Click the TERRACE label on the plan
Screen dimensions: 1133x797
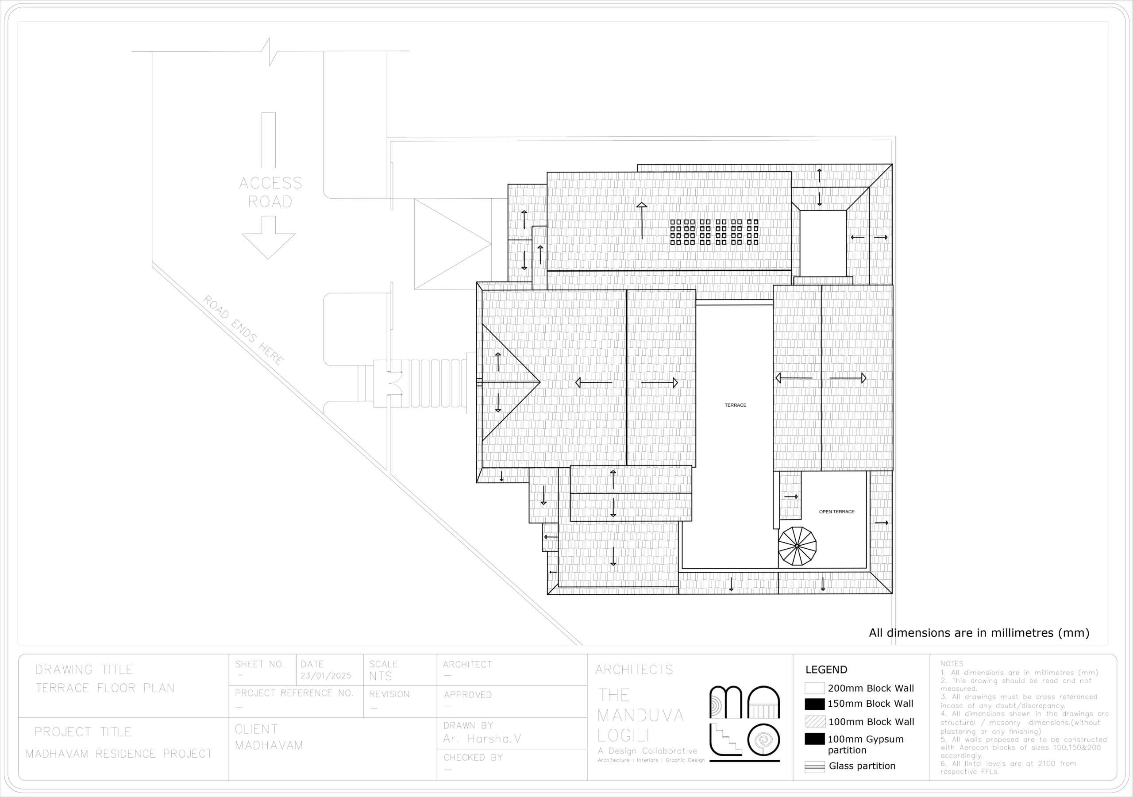[735, 405]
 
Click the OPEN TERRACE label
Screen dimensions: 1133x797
[837, 512]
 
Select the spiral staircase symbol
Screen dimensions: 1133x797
[797, 546]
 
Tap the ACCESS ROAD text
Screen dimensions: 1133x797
[270, 192]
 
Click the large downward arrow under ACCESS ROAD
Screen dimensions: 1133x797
[269, 238]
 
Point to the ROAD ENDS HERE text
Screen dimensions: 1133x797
[243, 330]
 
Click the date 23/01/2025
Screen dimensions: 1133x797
[326, 676]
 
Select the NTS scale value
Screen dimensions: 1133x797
[381, 676]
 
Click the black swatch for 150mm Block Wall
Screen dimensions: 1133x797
[815, 704]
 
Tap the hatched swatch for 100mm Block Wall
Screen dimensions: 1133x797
[815, 721]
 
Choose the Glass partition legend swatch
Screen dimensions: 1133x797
[815, 767]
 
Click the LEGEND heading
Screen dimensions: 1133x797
[827, 670]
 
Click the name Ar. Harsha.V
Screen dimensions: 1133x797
[482, 739]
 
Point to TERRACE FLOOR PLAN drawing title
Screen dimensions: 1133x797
[105, 688]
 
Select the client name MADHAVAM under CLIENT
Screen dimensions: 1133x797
[269, 745]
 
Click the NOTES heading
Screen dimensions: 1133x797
[952, 664]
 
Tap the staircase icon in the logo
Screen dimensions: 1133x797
[726, 740]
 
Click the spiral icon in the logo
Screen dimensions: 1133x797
[764, 740]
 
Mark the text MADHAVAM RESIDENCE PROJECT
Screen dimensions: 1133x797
[119, 754]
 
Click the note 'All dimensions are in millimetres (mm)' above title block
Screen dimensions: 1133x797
[979, 633]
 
